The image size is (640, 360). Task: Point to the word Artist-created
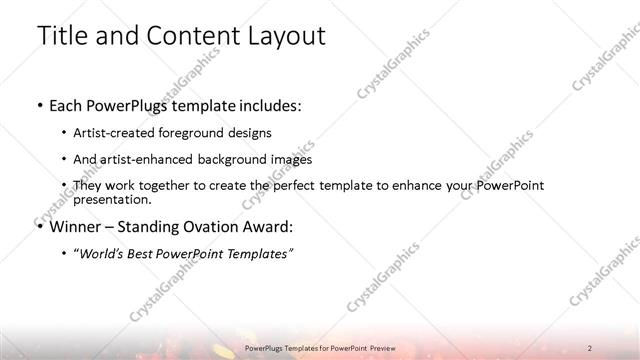[111, 132]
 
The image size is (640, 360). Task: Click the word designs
[250, 132]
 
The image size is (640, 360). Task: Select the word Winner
[75, 226]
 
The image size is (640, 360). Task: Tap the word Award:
[269, 226]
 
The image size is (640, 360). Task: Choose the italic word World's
[104, 253]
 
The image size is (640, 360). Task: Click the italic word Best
[149, 253]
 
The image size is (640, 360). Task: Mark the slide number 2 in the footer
[591, 347]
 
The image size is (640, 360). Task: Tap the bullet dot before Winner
[38, 226]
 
